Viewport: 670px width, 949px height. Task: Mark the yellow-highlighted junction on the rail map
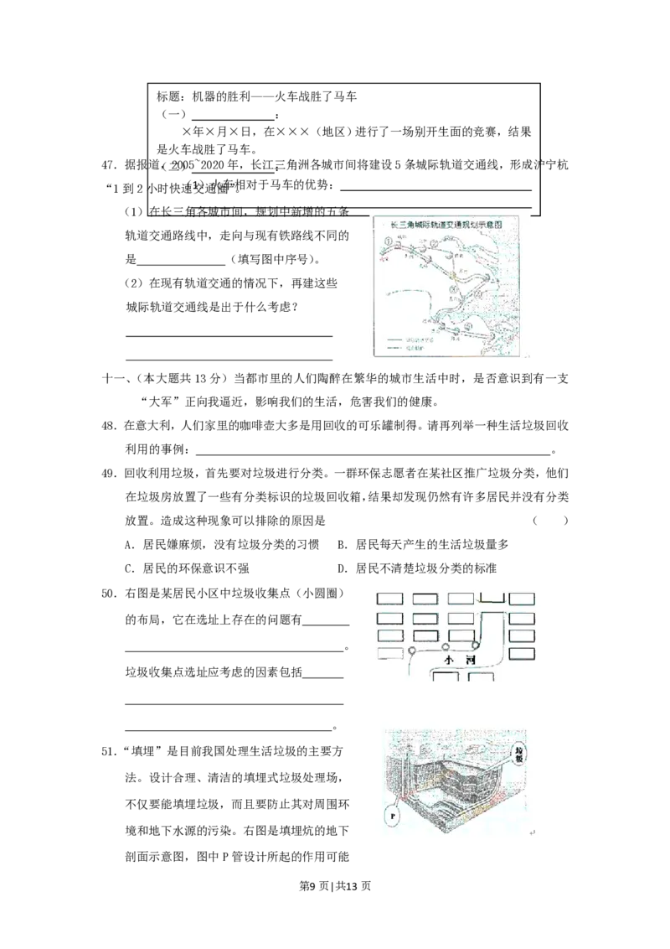[454, 275]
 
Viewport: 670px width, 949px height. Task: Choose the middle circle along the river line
[445, 646]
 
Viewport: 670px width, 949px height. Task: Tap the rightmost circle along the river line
[475, 645]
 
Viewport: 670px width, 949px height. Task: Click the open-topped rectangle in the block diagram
[491, 599]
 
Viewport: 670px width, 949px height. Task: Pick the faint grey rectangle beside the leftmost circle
[389, 653]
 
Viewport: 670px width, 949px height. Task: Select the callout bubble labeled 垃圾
[520, 748]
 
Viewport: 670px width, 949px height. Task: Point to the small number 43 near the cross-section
[533, 832]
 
